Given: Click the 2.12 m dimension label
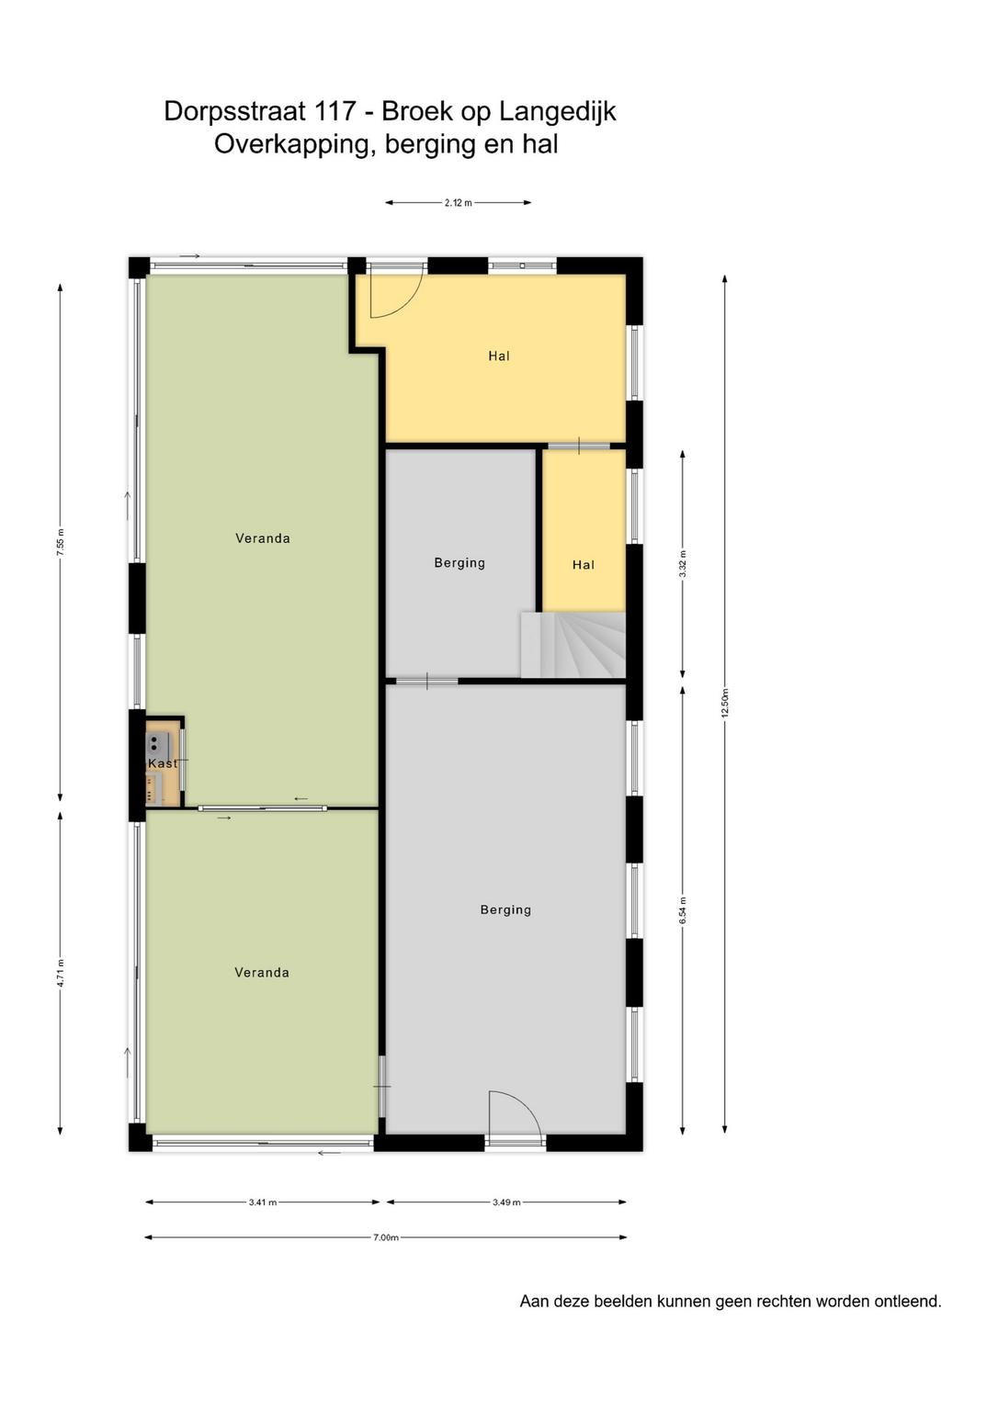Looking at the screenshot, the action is point(458,203).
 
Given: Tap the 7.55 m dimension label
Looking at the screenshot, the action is point(61,542).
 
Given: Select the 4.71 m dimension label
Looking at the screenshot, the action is point(61,975).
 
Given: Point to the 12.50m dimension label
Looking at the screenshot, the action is point(725,703).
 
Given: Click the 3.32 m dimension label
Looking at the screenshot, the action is point(683,564).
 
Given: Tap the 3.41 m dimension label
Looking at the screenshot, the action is point(263,1202).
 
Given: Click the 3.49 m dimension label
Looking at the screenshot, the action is point(506,1202).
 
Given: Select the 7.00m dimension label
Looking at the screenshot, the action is point(386,1237).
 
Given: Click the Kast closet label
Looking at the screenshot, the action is point(163,763).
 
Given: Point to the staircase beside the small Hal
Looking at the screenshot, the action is point(573,645).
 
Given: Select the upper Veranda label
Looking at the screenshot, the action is point(263,538).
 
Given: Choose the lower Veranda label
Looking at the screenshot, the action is point(262,973).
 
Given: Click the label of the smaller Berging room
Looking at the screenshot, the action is point(459,563).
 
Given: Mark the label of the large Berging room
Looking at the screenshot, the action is point(506,910).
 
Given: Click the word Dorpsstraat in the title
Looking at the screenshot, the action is point(235,111).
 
